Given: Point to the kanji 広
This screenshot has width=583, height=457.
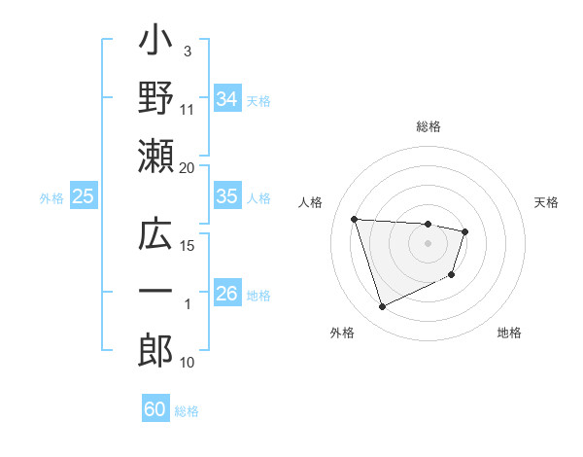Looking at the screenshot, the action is point(155,236).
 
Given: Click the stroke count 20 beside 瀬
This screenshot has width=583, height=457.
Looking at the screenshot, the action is point(188,168).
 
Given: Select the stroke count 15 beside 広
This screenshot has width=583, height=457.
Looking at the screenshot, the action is point(188,246).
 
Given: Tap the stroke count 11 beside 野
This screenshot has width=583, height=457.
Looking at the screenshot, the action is point(188,109).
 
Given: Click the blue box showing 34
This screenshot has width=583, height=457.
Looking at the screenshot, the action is point(226,99).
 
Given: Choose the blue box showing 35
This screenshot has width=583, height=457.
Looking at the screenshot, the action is point(226,196).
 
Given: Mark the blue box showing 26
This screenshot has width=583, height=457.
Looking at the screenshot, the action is point(226,294).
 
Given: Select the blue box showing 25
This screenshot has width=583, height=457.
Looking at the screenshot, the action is point(83,196).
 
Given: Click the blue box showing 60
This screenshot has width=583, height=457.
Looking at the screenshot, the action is point(155,409).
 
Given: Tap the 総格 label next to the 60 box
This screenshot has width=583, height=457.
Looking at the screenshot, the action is point(187,410).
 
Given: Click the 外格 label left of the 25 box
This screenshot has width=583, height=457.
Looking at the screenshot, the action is point(51,197).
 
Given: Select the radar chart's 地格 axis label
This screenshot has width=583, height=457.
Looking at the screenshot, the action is point(509,333).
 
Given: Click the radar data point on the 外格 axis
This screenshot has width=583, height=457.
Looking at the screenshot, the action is point(382,307).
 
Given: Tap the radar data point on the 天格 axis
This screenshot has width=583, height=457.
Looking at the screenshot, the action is point(465,231).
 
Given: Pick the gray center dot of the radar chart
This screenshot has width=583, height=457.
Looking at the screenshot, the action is point(428,243).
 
